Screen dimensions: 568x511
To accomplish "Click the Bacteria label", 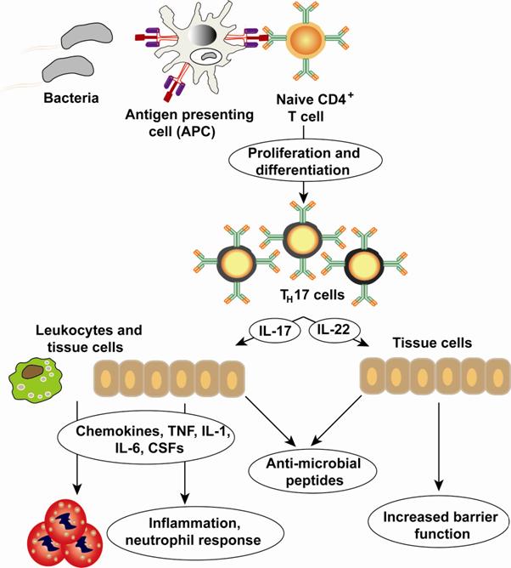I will [x=70, y=98].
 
